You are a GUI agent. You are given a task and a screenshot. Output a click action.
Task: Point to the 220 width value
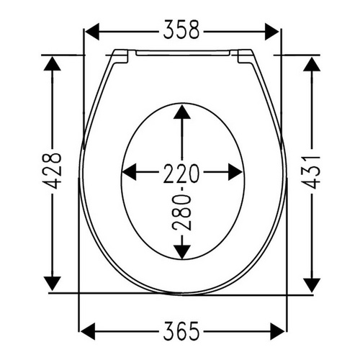(x=181, y=172)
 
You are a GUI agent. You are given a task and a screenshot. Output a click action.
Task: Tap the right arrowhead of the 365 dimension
(x=276, y=330)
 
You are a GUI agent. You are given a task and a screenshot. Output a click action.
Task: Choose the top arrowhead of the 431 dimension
(x=311, y=65)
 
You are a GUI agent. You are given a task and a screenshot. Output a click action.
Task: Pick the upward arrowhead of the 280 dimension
(x=181, y=114)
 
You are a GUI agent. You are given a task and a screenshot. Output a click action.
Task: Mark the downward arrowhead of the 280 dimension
(x=181, y=249)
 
